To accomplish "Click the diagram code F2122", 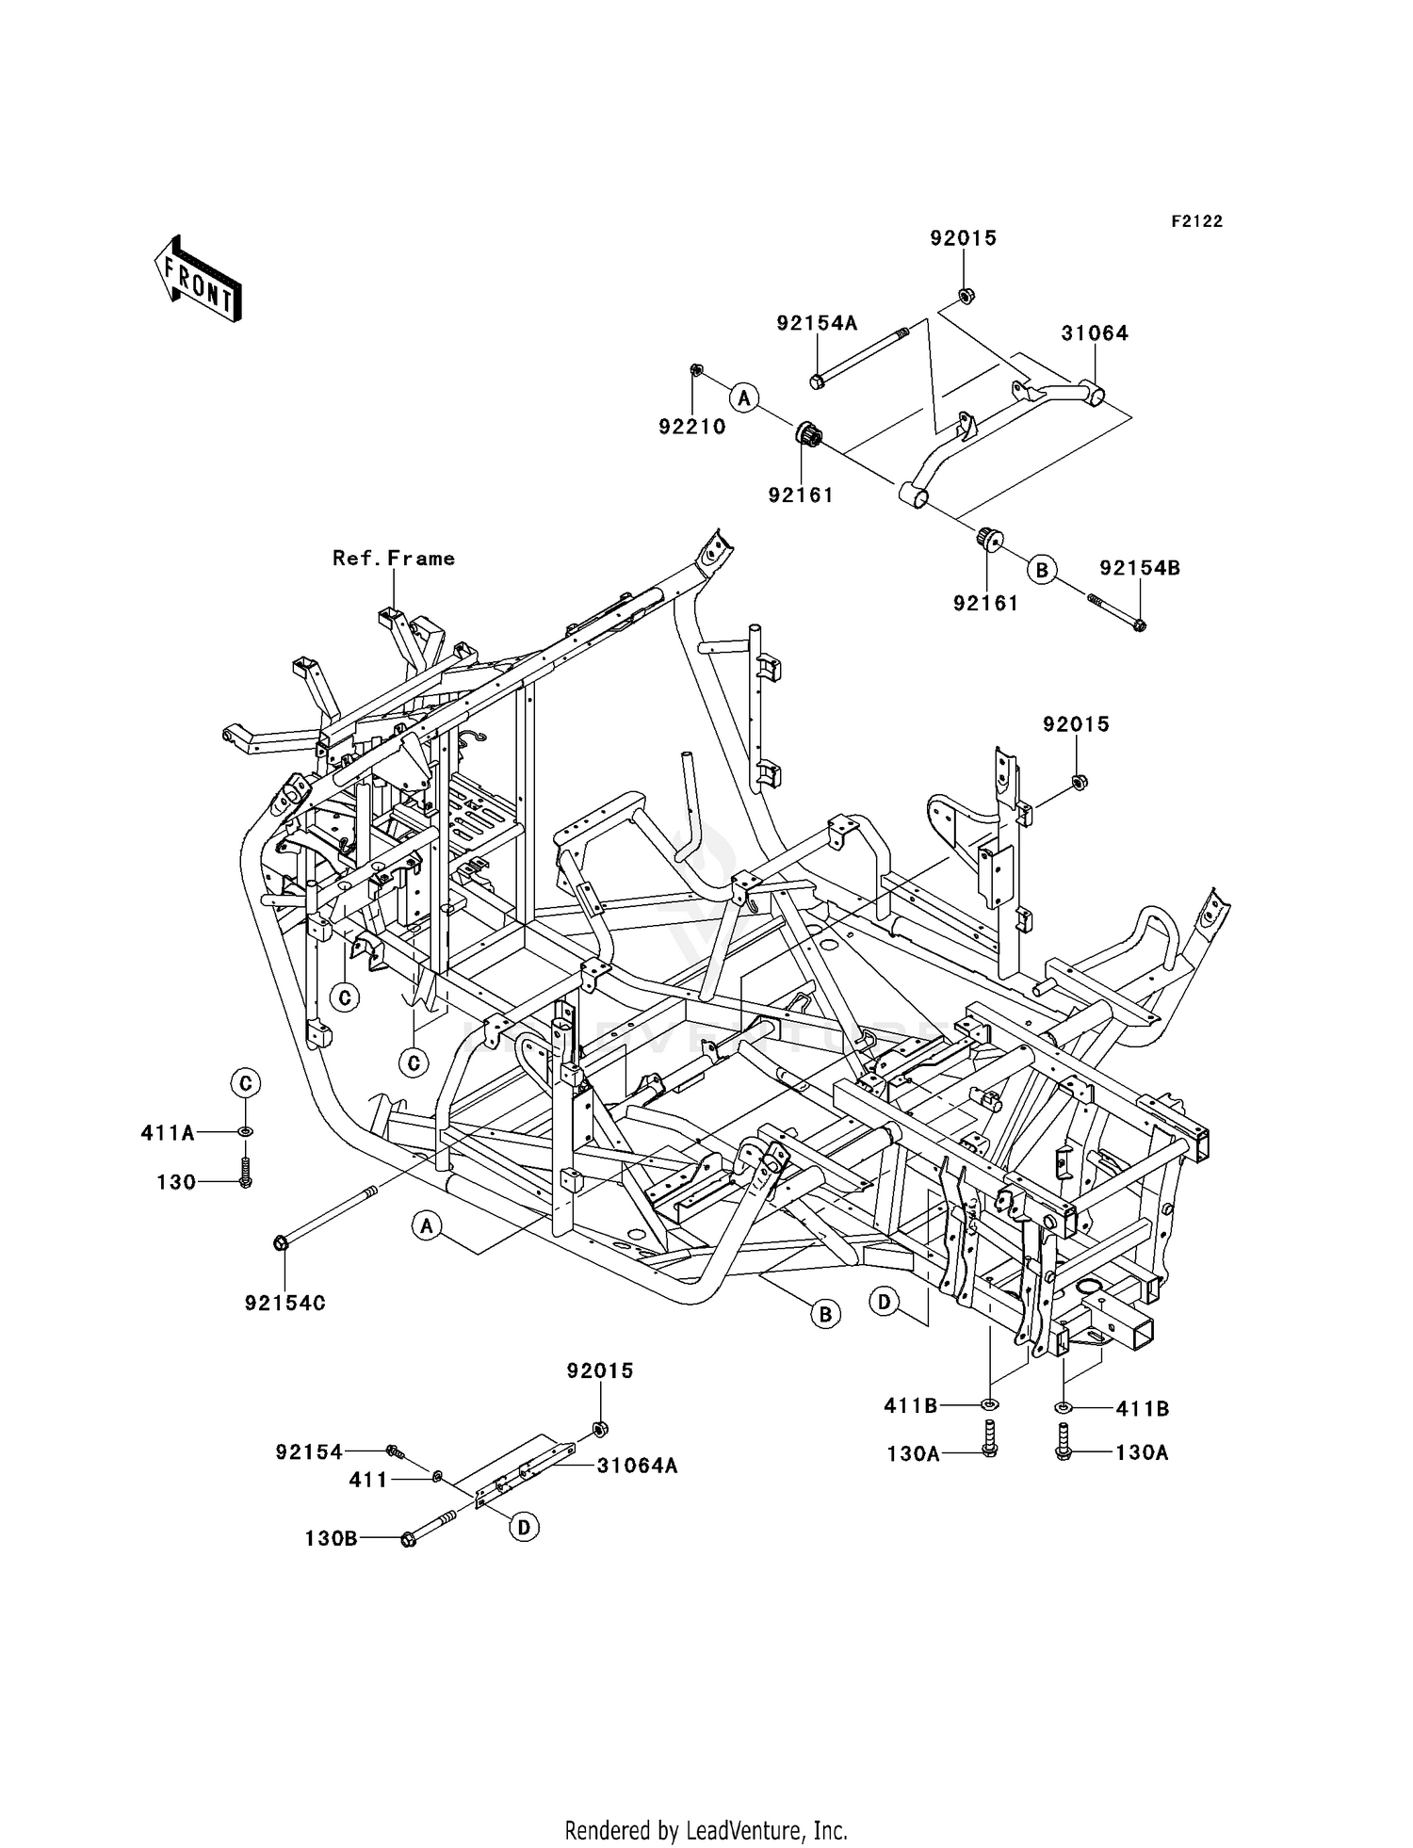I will pyautogui.click(x=1196, y=221).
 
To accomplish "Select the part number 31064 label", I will pyautogui.click(x=1095, y=333).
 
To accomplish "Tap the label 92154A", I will pyautogui.click(x=817, y=323).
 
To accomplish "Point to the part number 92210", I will pyautogui.click(x=691, y=427).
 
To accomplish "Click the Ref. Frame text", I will pyautogui.click(x=394, y=559).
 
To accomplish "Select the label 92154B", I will pyautogui.click(x=1140, y=568).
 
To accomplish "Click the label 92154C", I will pyautogui.click(x=284, y=1304).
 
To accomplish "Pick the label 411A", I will pyautogui.click(x=168, y=1133).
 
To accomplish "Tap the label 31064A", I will pyautogui.click(x=636, y=1467).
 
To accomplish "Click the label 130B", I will pyautogui.click(x=331, y=1538).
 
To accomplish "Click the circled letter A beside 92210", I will pyautogui.click(x=744, y=397).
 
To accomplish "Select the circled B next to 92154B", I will pyautogui.click(x=1042, y=570).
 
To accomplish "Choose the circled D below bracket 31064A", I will pyautogui.click(x=524, y=1527).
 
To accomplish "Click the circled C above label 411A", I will pyautogui.click(x=245, y=1083).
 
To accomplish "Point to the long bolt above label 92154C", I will pyautogui.click(x=325, y=1216).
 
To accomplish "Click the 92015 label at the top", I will pyautogui.click(x=963, y=238).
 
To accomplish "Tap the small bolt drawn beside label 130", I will pyautogui.click(x=245, y=1174).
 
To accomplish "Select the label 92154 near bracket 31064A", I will pyautogui.click(x=309, y=1452).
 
